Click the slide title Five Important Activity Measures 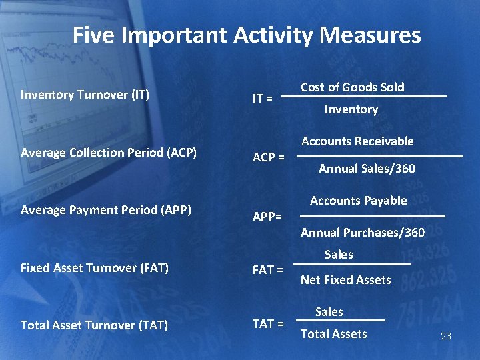247,35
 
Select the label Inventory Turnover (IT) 85,95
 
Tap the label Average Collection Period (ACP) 109,152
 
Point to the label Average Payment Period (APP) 106,210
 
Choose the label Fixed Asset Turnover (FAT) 95,268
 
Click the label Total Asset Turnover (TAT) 94,325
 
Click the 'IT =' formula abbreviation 262,99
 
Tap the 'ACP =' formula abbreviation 269,158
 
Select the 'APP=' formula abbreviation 267,217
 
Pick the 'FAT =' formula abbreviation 268,271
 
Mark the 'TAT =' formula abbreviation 268,324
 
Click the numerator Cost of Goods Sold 353,87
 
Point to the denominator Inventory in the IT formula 351,109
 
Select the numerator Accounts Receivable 357,141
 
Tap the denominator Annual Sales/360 367,169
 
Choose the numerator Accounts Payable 358,201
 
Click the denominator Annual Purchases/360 362,233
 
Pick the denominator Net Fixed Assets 345,280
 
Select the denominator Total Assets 333,334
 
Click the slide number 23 446,337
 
